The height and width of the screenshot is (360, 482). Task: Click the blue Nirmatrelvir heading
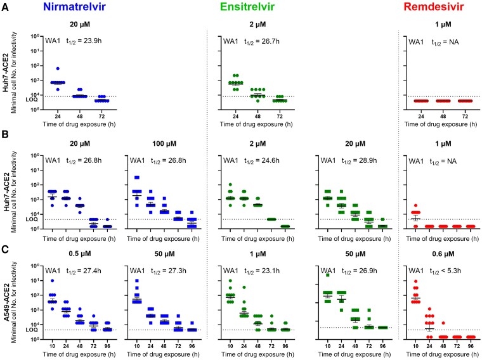(75, 7)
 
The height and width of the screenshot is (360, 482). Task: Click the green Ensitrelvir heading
(247, 7)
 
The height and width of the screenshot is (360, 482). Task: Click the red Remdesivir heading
(433, 7)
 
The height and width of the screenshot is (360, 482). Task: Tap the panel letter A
(5, 8)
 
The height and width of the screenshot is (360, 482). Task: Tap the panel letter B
(5, 134)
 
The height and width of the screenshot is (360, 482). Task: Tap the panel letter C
(5, 250)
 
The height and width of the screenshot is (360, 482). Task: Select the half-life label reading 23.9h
(84, 41)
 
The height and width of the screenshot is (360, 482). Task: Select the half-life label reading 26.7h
(261, 41)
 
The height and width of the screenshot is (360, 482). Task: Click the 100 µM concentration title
(164, 144)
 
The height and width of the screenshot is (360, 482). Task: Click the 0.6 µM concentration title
(443, 254)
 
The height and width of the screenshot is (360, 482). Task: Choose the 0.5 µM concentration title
(80, 254)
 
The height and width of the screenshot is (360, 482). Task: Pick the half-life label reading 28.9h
(360, 160)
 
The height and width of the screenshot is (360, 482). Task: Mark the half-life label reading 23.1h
(262, 271)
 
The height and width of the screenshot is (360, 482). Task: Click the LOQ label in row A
(32, 100)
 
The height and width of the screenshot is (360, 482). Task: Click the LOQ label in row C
(32, 330)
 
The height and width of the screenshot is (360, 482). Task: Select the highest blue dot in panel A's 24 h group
(58, 68)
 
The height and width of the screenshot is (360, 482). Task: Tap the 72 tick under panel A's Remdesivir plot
(465, 117)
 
